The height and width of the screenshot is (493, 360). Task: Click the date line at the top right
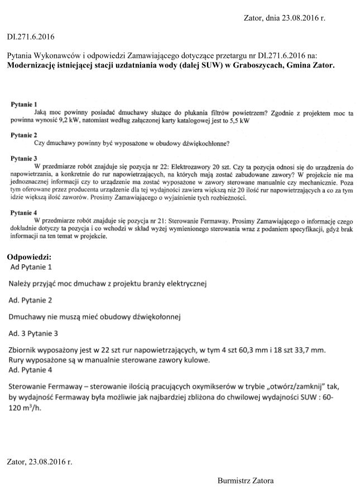[x=285, y=18]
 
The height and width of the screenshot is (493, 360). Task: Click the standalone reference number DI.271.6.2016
[x=31, y=37]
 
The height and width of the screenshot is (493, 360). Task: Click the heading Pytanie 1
[x=24, y=104]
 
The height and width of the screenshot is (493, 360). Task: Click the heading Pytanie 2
[x=24, y=135]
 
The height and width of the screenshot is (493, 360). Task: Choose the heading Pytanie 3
[x=24, y=158]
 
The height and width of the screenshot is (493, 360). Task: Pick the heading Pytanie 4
[x=24, y=212]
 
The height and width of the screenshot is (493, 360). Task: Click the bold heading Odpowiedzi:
[x=29, y=257]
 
